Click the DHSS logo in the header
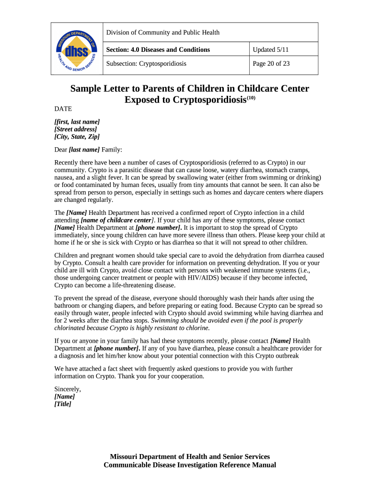(x=77, y=49)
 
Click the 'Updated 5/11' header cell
(x=271, y=49)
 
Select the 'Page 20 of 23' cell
(x=271, y=63)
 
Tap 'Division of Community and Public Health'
(x=163, y=33)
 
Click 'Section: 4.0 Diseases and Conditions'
(x=158, y=49)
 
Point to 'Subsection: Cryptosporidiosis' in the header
(x=146, y=63)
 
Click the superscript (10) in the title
(x=252, y=98)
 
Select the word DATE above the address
(x=63, y=109)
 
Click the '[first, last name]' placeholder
(x=77, y=122)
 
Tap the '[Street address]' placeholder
(x=76, y=129)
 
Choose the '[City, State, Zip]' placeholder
(x=77, y=137)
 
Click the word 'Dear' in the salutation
(x=61, y=150)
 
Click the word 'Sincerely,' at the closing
(x=68, y=389)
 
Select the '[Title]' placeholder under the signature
(x=63, y=404)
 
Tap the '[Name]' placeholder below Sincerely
(x=65, y=397)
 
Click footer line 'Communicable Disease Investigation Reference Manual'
(x=190, y=465)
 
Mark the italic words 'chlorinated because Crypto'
(x=95, y=328)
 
